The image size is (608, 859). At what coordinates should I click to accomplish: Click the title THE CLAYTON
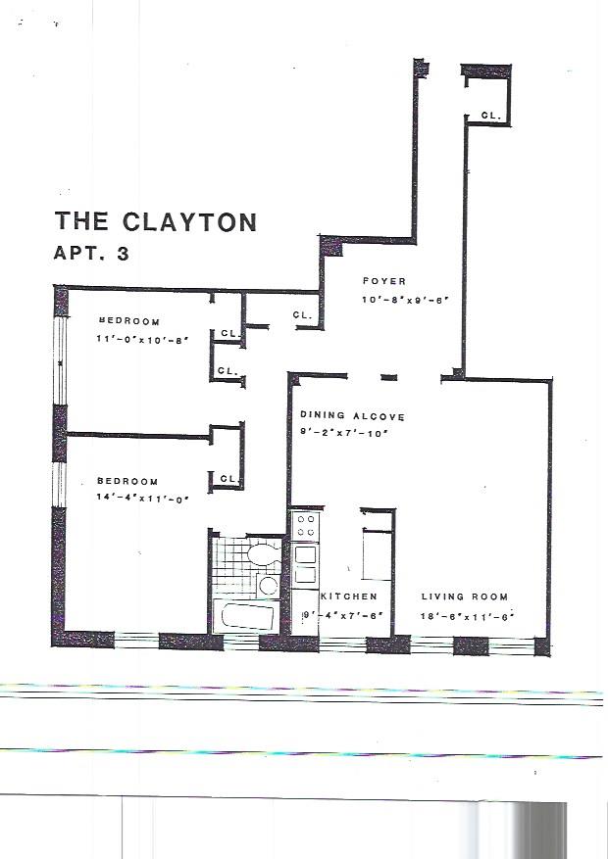point(156,221)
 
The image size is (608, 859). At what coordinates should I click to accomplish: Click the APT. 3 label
point(91,253)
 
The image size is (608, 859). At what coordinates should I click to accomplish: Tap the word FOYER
point(383,282)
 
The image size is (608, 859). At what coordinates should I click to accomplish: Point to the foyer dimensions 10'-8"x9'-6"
point(404,301)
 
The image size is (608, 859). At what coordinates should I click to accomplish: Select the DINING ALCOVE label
point(352,416)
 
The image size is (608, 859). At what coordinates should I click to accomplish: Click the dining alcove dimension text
point(344,432)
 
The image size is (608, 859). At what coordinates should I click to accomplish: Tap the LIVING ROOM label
point(465,597)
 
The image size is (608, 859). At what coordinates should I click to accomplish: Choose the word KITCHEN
point(348,597)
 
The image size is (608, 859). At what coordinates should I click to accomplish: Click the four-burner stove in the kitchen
point(305,525)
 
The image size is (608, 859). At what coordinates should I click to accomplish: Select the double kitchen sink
point(305,563)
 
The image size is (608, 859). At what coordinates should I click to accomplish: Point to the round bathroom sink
point(268,586)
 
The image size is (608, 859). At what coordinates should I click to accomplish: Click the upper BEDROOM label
point(128,321)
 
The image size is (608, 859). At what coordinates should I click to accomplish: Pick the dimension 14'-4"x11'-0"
point(141,498)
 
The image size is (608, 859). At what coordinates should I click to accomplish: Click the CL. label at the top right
point(490,116)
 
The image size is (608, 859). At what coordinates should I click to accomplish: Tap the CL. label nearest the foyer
point(302,315)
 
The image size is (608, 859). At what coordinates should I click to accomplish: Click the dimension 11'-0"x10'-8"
point(141,339)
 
